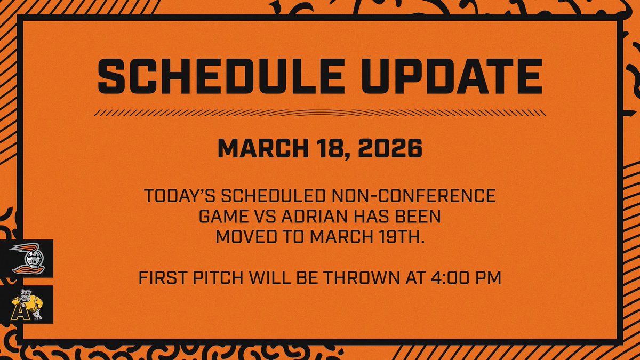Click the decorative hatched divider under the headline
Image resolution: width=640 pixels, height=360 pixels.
point(320,113)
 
